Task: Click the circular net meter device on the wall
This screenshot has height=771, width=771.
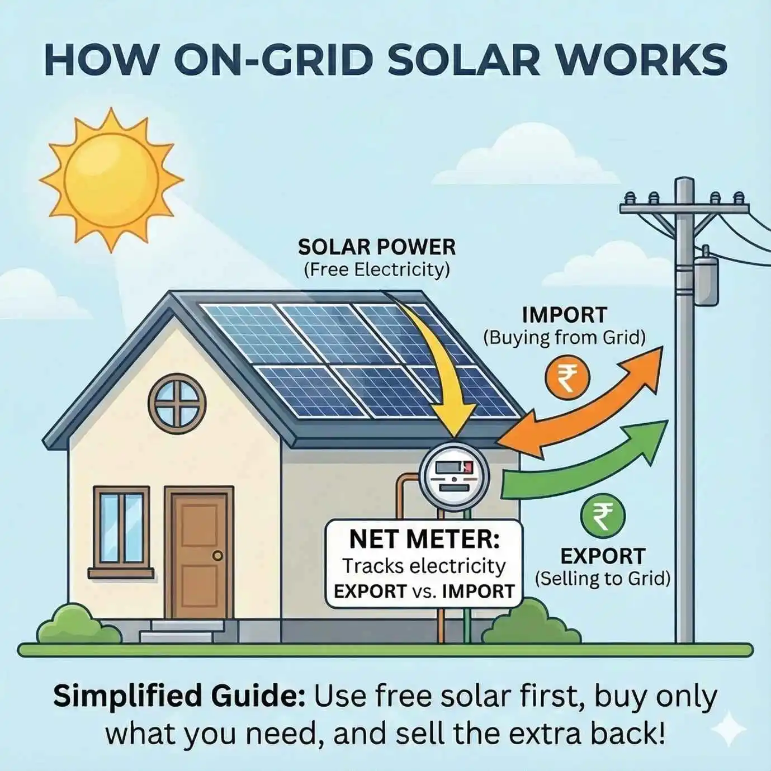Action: pyautogui.click(x=454, y=476)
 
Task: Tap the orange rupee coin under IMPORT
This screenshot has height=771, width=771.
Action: pyautogui.click(x=566, y=378)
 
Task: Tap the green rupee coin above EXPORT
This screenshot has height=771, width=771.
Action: pyautogui.click(x=603, y=515)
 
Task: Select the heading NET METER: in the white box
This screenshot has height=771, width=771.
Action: pyautogui.click(x=424, y=540)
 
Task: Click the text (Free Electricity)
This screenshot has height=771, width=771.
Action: pyautogui.click(x=377, y=270)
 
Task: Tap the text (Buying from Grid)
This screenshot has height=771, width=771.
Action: pyautogui.click(x=564, y=337)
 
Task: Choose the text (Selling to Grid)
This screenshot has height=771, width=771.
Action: pyautogui.click(x=602, y=578)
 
